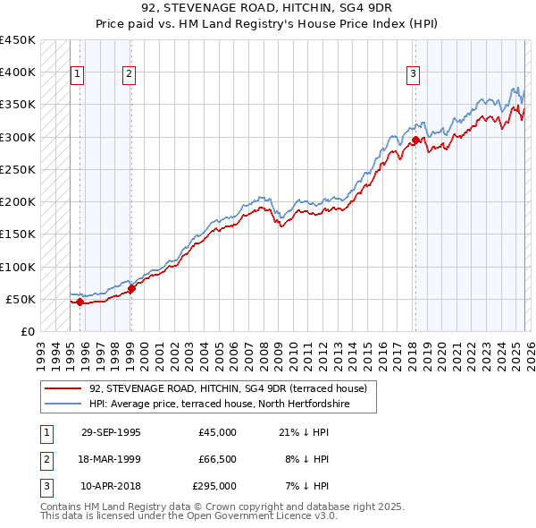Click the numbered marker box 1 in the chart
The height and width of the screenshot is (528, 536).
(78, 74)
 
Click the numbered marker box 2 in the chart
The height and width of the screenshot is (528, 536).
(129, 74)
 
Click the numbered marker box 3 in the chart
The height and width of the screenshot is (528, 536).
(414, 74)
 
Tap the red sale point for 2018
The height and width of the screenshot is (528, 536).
(415, 141)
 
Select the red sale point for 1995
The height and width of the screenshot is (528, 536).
(80, 302)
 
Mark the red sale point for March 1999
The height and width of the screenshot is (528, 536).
(131, 288)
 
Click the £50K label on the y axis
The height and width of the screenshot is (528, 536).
(21, 299)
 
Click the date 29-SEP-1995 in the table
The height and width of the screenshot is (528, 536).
(111, 432)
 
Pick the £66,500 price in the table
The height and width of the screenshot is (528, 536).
(217, 459)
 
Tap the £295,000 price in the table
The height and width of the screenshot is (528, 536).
(214, 486)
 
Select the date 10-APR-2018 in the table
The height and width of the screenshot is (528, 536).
(111, 486)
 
